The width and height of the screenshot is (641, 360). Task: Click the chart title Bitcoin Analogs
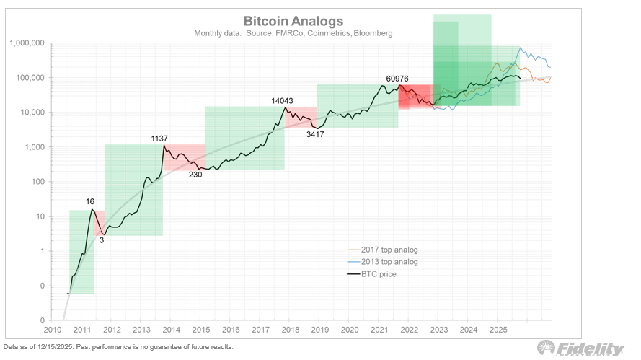[x=293, y=21]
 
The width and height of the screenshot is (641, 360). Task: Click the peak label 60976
[x=400, y=79]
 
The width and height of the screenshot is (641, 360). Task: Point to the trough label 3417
[x=317, y=133]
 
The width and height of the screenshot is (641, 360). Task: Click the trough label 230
[x=195, y=174]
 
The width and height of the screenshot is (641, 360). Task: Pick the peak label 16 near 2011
[x=90, y=202]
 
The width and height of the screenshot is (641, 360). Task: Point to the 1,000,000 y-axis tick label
[x=27, y=43]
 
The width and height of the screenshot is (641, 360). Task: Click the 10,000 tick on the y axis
[x=32, y=113]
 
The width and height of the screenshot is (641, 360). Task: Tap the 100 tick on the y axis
[x=37, y=182]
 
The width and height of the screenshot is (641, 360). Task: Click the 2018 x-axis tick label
[x=289, y=330]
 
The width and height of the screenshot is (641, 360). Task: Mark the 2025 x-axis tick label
[x=498, y=330]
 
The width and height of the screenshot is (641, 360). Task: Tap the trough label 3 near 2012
[x=102, y=240]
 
